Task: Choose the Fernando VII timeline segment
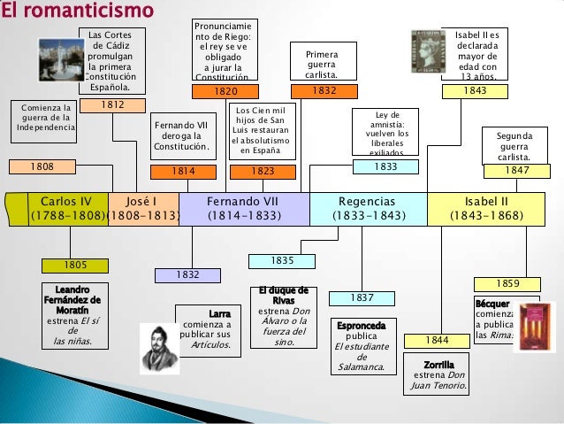tap(244, 208)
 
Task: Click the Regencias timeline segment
tap(367, 208)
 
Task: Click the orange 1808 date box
tap(42, 166)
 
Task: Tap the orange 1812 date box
tap(111, 105)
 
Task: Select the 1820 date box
tap(225, 91)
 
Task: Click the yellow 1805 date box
tap(75, 265)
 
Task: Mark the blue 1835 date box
tap(282, 261)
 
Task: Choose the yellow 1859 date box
tap(507, 283)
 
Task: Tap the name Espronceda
tap(361, 326)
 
